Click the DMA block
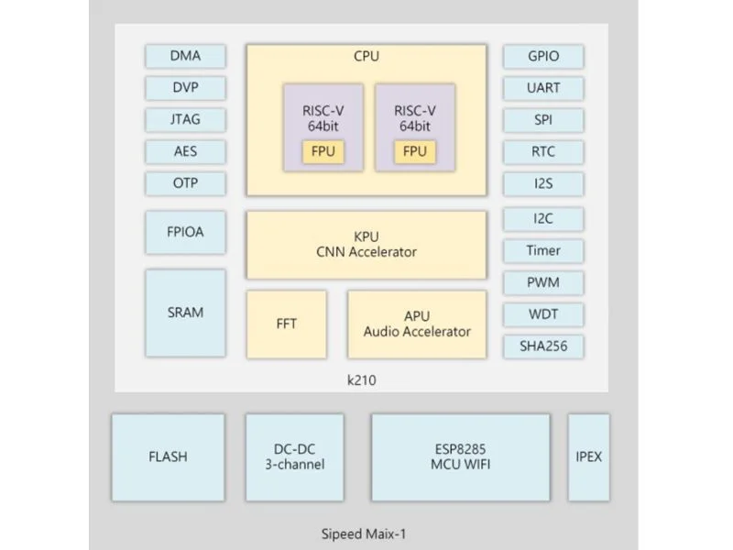click(185, 56)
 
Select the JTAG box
click(185, 119)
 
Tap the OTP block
click(185, 182)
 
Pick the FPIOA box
click(185, 232)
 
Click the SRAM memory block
click(185, 313)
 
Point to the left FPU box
click(323, 151)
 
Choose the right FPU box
click(415, 151)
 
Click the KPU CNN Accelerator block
click(366, 245)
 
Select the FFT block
click(286, 324)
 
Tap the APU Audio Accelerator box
click(417, 324)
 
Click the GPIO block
click(543, 56)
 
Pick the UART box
click(543, 88)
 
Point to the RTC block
click(543, 151)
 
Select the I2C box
click(543, 219)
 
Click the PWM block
click(543, 282)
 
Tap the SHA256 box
click(543, 346)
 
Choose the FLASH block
click(168, 456)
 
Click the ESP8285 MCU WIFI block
click(461, 456)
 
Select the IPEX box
click(588, 456)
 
